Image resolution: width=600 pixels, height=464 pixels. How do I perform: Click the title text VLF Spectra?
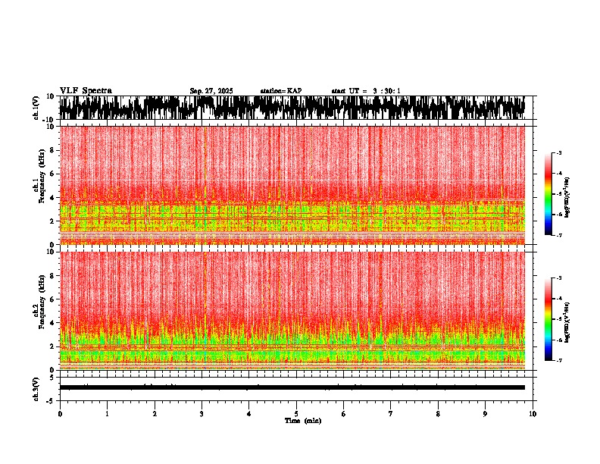pyautogui.click(x=86, y=91)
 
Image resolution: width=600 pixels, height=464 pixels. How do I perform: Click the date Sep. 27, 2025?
pyautogui.click(x=211, y=91)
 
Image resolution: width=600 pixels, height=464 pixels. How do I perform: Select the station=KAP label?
pyautogui.click(x=280, y=91)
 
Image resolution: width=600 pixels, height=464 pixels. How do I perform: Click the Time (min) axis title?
pyautogui.click(x=302, y=421)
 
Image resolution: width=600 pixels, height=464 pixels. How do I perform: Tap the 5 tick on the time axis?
pyautogui.click(x=297, y=414)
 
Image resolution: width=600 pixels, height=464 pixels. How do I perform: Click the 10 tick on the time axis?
pyautogui.click(x=533, y=414)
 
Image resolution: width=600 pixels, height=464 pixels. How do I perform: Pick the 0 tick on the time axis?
pyautogui.click(x=60, y=414)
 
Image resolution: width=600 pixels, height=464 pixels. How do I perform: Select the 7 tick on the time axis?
pyautogui.click(x=392, y=414)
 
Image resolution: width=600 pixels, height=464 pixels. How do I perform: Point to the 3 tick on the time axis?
pyautogui.click(x=202, y=414)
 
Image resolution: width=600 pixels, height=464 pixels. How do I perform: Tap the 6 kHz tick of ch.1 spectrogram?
pyautogui.click(x=53, y=174)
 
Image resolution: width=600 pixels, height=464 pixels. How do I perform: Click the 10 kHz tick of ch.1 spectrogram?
pyautogui.click(x=52, y=127)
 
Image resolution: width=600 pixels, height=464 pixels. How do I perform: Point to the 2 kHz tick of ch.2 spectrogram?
pyautogui.click(x=53, y=346)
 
